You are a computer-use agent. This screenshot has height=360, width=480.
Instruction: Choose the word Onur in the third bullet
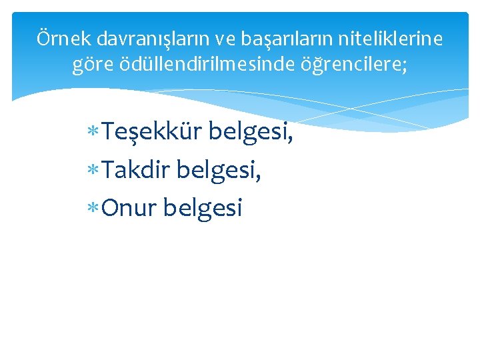pos(129,209)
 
